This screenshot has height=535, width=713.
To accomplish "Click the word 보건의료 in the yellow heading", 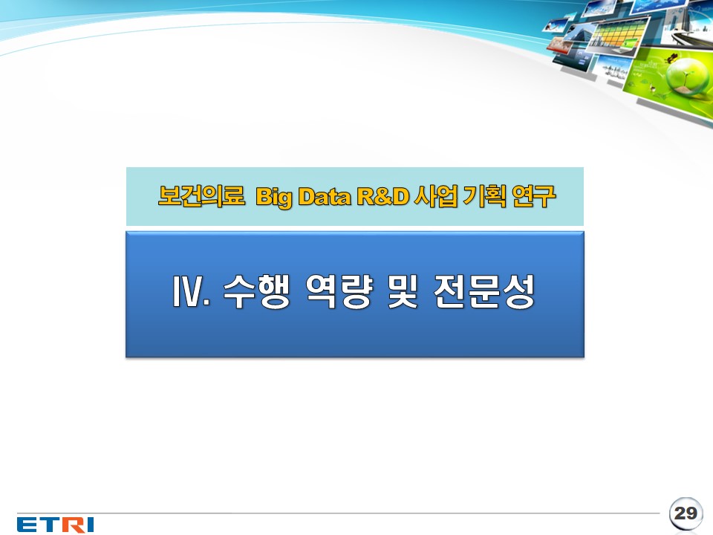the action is point(201,196).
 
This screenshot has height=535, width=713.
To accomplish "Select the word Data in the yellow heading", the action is point(325,196).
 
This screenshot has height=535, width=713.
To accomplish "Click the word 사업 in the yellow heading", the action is point(436,196).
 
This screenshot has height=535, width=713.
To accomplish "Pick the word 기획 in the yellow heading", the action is point(484,196).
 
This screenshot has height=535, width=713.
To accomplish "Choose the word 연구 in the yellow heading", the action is point(533,196).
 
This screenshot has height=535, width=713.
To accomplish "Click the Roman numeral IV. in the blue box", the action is point(192,291).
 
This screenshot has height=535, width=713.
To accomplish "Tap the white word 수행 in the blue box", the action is point(256,291).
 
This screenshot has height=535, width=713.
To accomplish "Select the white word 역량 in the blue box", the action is point(339,291).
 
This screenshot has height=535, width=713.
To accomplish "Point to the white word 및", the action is point(403,291).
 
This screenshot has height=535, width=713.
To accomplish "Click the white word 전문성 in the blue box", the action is point(484,291).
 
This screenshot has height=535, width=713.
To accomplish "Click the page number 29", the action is point(686,513).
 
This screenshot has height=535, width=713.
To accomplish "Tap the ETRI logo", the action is point(56,525).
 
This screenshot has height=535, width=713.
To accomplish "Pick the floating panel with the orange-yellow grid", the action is point(619,35).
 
